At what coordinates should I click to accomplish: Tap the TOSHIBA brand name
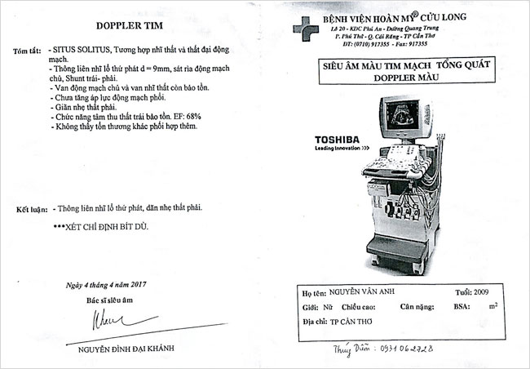[x=338, y=140]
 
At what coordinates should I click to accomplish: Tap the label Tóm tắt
[x=28, y=51]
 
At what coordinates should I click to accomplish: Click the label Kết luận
[x=29, y=208]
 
